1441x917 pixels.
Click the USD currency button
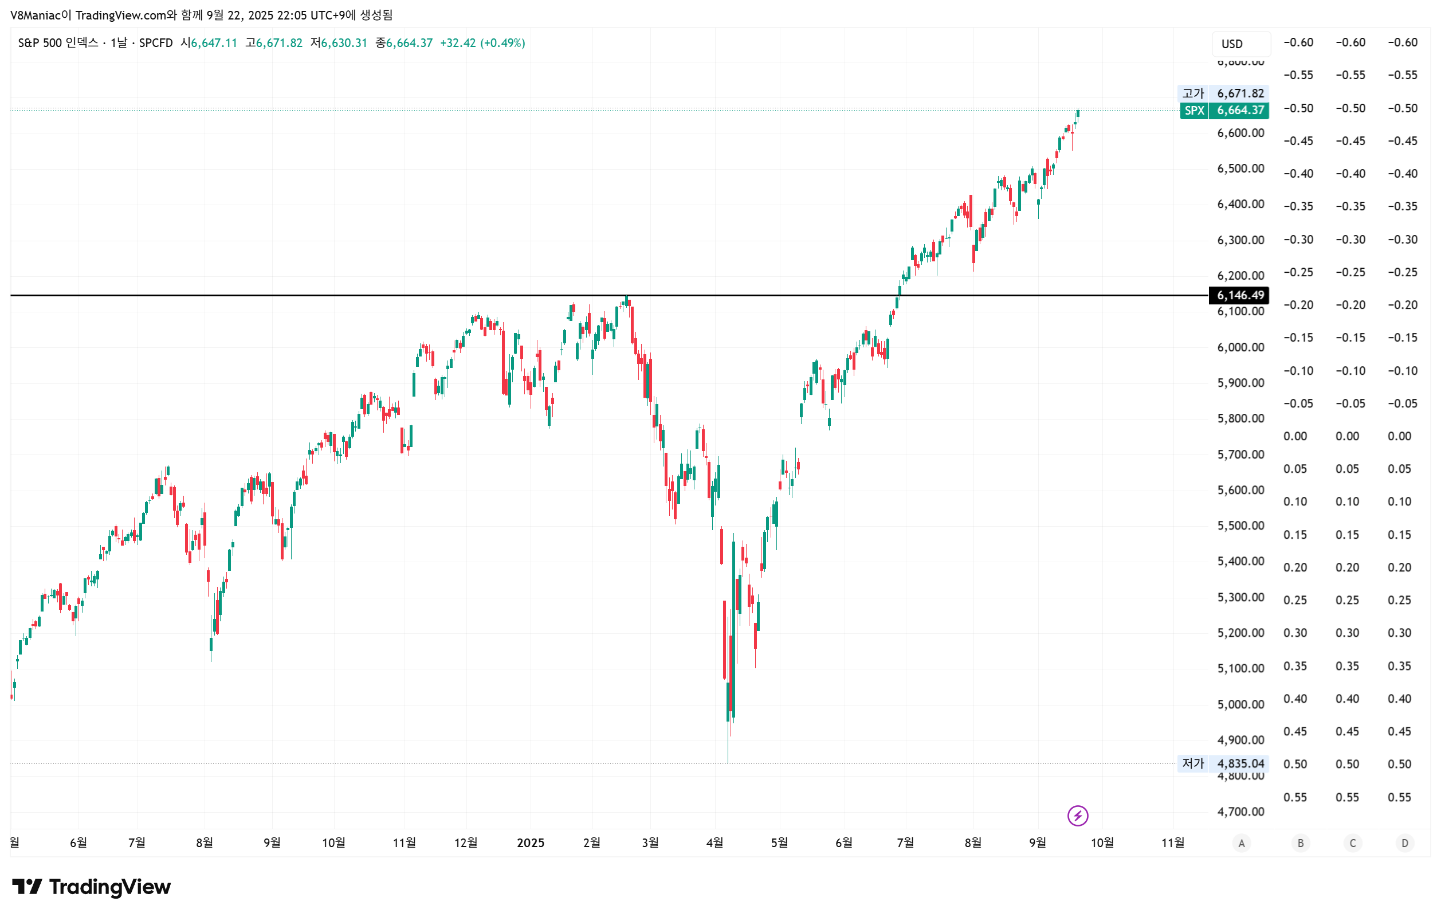[x=1231, y=44]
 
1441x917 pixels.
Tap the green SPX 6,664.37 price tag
[x=1224, y=110]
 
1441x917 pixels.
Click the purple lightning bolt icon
[x=1077, y=815]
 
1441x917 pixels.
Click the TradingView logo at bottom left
[x=92, y=887]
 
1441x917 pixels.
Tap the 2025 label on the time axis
[x=530, y=842]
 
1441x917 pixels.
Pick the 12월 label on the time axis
[x=466, y=842]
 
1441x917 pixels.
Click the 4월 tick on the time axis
[x=714, y=842]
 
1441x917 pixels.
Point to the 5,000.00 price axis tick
[x=1240, y=704]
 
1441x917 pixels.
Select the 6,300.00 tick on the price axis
[x=1240, y=240]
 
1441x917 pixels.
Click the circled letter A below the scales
[x=1241, y=844]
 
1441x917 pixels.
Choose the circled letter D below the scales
[x=1404, y=844]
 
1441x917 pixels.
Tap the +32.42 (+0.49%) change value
[x=482, y=43]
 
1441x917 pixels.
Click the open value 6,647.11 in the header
[x=214, y=43]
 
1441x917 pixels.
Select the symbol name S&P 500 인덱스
[x=58, y=43]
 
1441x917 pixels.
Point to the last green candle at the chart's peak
[x=1078, y=113]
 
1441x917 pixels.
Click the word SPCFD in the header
[x=156, y=43]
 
